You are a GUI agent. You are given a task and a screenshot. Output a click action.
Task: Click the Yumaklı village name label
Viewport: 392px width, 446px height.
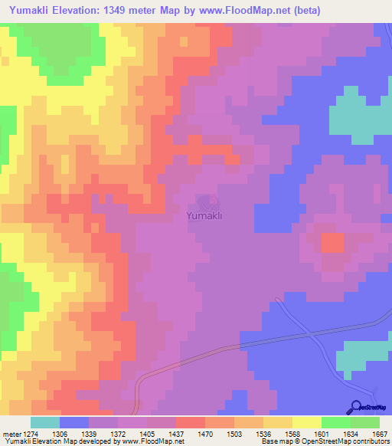tap(204, 217)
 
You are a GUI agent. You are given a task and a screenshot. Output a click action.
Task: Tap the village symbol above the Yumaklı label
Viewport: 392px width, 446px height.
tap(204, 203)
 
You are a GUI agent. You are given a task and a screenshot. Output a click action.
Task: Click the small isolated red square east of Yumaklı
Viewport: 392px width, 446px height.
tap(332, 243)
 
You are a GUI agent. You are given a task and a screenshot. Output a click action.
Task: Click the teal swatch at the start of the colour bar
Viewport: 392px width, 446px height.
tap(45, 422)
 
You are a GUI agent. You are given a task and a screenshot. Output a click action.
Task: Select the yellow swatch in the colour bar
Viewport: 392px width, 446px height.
tap(306, 422)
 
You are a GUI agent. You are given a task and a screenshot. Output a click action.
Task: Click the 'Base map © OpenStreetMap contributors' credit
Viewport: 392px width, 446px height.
tap(325, 441)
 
